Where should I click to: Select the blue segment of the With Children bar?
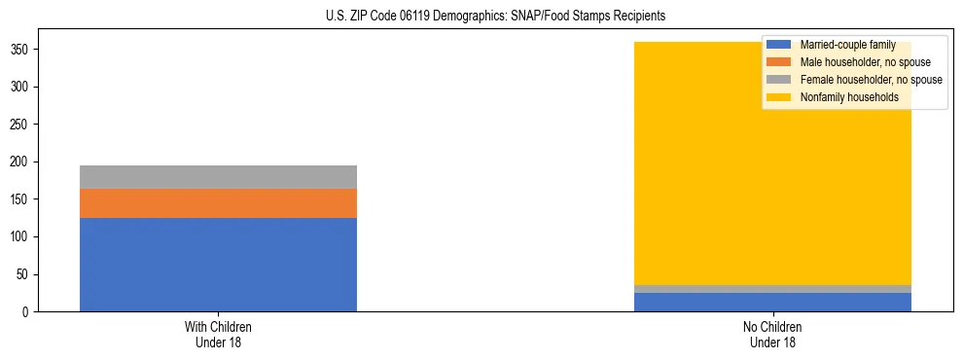[218, 265]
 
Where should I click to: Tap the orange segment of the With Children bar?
[218, 203]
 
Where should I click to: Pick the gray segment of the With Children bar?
[218, 177]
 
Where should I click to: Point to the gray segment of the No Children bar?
[772, 289]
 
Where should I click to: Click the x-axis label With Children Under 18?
[218, 334]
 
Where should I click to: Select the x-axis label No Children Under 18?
[772, 334]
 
